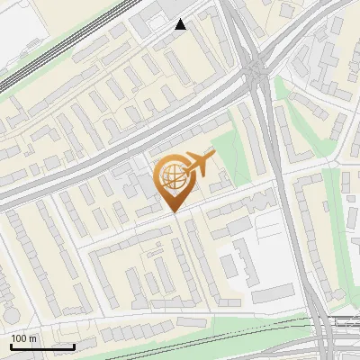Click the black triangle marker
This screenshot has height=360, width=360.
pos(181,24)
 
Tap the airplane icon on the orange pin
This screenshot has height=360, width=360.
pos(197,166)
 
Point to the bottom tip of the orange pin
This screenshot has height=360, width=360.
pos(173,212)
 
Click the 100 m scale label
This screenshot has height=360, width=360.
pos(24,338)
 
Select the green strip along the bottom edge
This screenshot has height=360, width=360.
pos(180,340)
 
